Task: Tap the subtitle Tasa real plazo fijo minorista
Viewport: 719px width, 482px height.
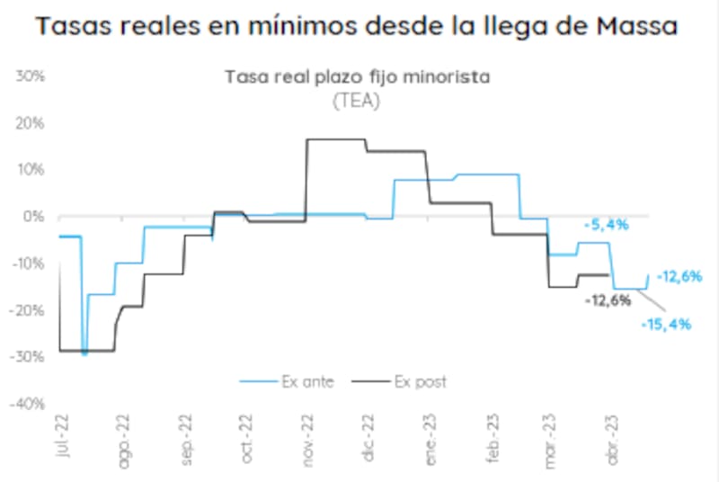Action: tap(356, 77)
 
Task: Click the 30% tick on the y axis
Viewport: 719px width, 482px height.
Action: tap(32, 76)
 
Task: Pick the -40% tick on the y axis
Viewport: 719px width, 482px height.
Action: tap(30, 404)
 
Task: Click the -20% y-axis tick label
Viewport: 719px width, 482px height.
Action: tap(30, 310)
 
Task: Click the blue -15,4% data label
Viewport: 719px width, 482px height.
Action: tap(667, 324)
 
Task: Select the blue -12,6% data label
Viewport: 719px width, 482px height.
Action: tap(679, 277)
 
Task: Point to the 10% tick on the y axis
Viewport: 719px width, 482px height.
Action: tap(34, 169)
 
